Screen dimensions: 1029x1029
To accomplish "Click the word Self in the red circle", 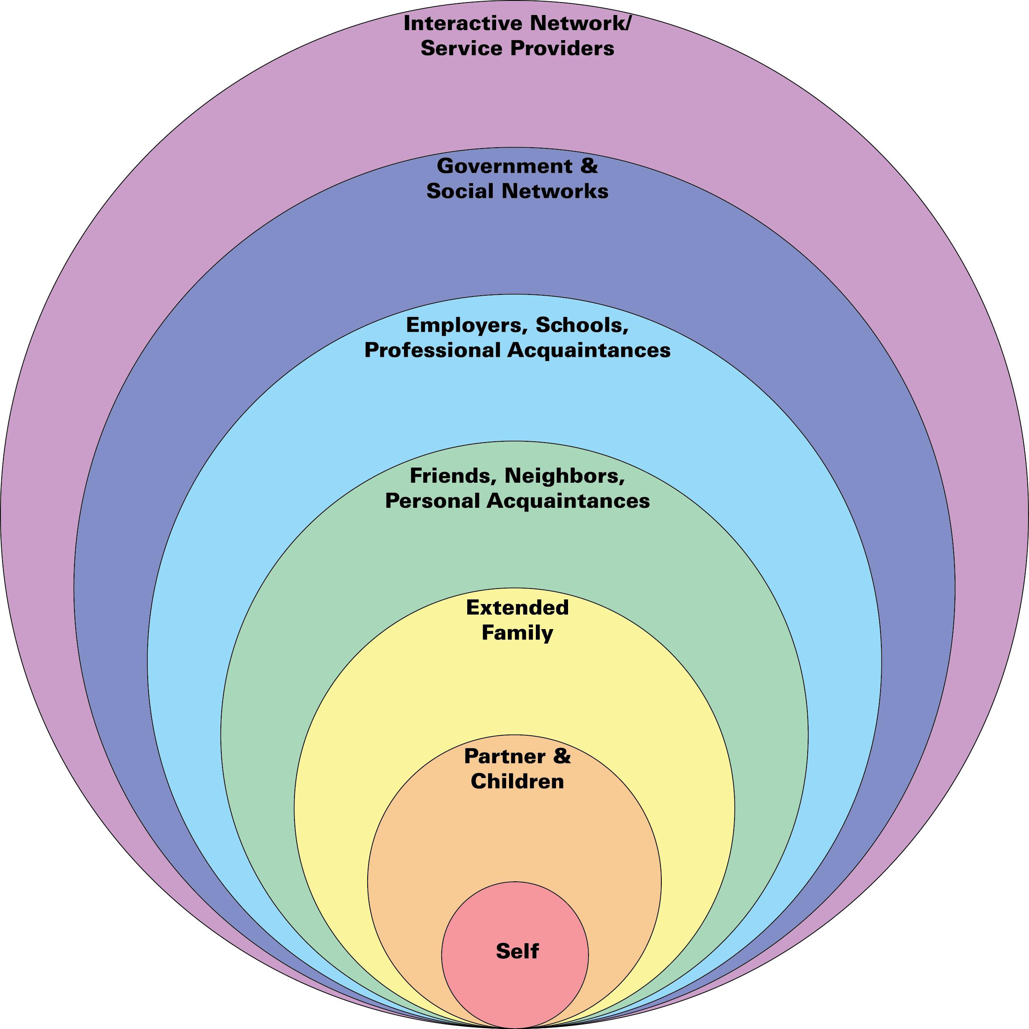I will coord(517,951).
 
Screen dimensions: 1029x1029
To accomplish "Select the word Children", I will coord(517,781).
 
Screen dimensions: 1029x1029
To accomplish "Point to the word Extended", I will coord(517,607).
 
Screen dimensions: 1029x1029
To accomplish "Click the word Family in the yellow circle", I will coord(517,633).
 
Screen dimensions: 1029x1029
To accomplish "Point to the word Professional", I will coord(433,350).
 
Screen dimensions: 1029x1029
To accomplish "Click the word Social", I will coord(460,191).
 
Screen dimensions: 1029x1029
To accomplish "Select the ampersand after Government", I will coord(589,166).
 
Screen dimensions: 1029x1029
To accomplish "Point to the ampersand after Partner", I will coord(561,756).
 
